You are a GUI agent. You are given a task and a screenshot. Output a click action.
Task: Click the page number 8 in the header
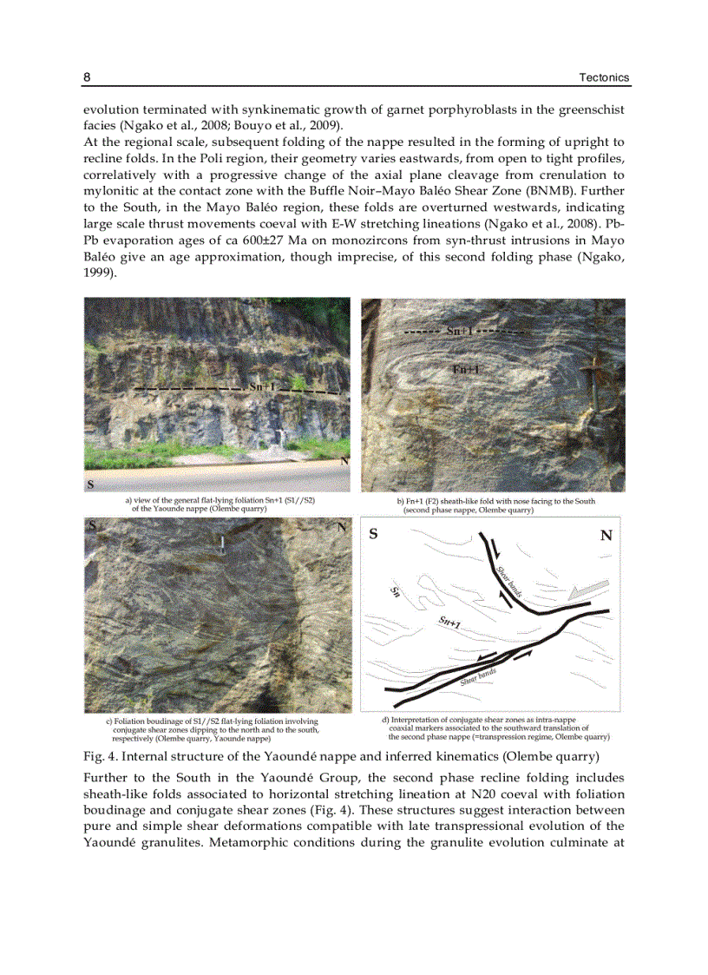[x=87, y=78]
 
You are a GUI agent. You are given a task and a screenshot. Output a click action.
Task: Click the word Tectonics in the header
[x=604, y=78]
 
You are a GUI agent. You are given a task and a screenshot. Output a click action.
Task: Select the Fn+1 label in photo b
[x=466, y=370]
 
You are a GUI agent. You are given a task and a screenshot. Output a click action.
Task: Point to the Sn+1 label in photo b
[x=460, y=332]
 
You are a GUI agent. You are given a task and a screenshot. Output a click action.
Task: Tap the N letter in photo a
[x=344, y=461]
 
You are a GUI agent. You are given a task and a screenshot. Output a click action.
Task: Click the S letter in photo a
[x=90, y=483]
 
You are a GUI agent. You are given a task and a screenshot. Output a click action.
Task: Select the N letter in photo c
[x=342, y=526]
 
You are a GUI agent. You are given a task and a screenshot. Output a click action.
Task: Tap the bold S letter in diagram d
[x=374, y=535]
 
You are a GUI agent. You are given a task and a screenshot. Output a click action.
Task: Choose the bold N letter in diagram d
[x=606, y=536]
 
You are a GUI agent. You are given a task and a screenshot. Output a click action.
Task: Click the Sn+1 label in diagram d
[x=449, y=622]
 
